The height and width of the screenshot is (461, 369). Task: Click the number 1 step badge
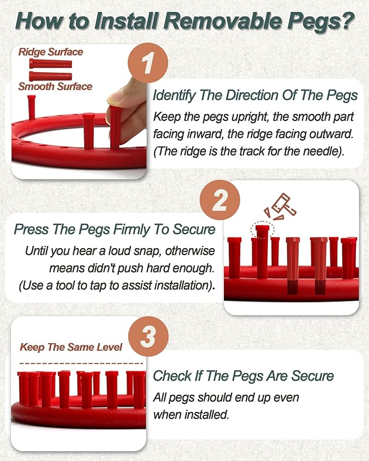[148, 63]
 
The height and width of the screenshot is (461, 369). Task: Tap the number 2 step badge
[220, 200]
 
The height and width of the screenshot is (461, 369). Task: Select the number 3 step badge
[148, 336]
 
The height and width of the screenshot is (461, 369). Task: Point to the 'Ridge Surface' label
[51, 52]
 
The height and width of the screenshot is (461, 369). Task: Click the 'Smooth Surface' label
[55, 86]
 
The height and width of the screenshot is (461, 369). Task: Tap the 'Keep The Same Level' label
[71, 347]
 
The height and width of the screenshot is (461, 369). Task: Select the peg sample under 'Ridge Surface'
[51, 64]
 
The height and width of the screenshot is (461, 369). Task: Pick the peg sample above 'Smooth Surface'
[51, 76]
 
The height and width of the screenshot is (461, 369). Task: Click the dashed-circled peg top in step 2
[262, 229]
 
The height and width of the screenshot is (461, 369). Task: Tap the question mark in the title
[347, 21]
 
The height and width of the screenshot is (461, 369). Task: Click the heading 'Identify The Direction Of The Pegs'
[255, 95]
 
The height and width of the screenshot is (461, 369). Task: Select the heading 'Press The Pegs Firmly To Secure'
[115, 229]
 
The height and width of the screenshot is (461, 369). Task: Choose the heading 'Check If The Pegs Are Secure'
[243, 376]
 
